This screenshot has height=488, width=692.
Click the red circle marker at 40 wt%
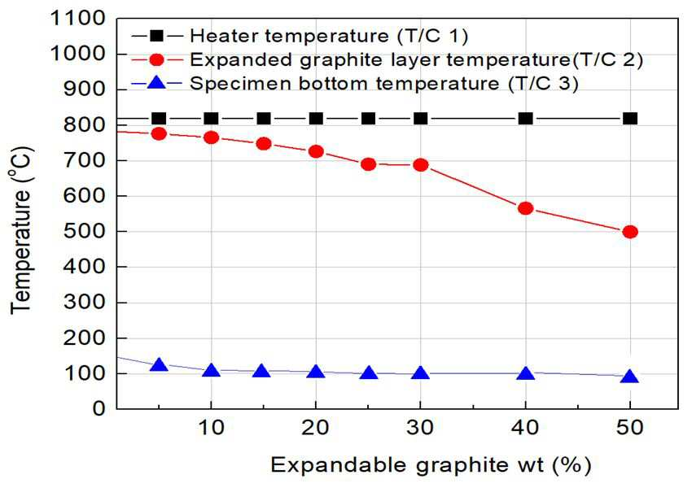pyautogui.click(x=526, y=208)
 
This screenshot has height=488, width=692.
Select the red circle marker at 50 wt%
pyautogui.click(x=630, y=232)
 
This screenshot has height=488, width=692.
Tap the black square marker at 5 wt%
pyautogui.click(x=159, y=119)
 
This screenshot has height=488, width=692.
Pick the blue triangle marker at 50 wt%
pyautogui.click(x=630, y=377)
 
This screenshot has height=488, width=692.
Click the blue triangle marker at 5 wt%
pyautogui.click(x=159, y=364)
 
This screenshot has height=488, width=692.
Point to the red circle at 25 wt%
pyautogui.click(x=369, y=164)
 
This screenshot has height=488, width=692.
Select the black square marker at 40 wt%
pyautogui.click(x=526, y=119)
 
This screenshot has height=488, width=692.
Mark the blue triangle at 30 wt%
pyautogui.click(x=421, y=373)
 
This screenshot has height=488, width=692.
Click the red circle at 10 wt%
pyautogui.click(x=212, y=138)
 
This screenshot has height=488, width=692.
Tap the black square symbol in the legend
pyautogui.click(x=156, y=36)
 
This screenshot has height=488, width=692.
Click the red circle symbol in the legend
pyautogui.click(x=156, y=59)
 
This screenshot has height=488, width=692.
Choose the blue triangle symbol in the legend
pyautogui.click(x=156, y=82)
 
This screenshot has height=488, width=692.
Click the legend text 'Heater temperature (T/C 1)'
pyautogui.click(x=329, y=36)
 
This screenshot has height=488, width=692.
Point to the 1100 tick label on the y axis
pyautogui.click(x=78, y=19)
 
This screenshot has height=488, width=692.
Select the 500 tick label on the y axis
pyautogui.click(x=85, y=231)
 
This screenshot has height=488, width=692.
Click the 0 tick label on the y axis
pyautogui.click(x=99, y=408)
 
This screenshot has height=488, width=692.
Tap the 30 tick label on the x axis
pyautogui.click(x=420, y=428)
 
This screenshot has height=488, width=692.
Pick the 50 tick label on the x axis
pyautogui.click(x=630, y=428)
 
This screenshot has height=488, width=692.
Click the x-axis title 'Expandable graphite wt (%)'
pyautogui.click(x=431, y=465)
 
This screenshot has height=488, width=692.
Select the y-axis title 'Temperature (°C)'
pyautogui.click(x=20, y=230)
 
